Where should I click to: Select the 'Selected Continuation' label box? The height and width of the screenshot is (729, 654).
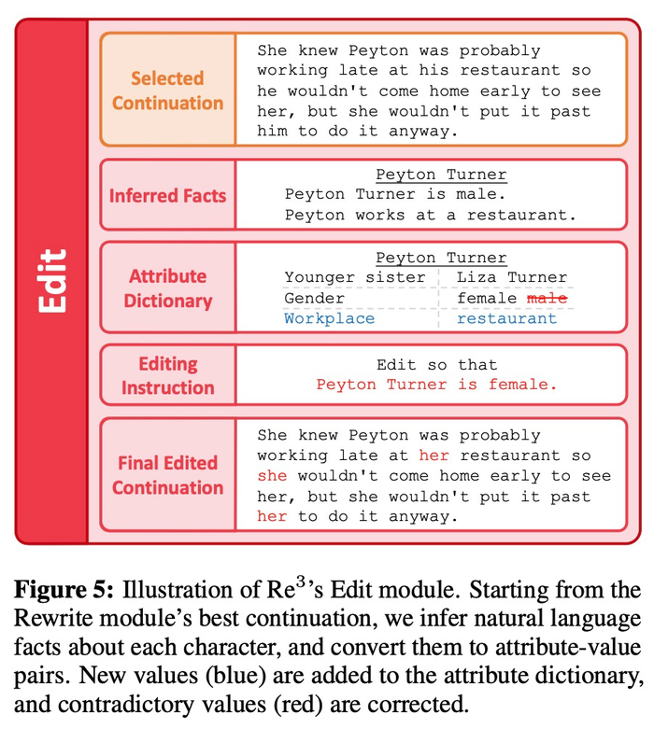coord(167,91)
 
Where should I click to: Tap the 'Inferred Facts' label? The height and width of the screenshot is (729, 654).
coord(167,196)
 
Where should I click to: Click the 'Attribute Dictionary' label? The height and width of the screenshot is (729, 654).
coord(167,288)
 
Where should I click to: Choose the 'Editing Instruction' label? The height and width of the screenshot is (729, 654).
coord(167,375)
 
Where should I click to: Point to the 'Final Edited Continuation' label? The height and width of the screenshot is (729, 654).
coord(167,475)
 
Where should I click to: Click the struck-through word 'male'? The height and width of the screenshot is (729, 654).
coord(547,298)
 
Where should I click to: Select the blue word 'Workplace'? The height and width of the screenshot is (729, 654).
coord(329,318)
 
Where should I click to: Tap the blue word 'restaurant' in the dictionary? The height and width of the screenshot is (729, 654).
coord(506,318)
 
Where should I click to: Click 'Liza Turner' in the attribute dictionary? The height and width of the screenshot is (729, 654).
coord(511,277)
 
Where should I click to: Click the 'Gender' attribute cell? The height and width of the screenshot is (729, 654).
coord(314,298)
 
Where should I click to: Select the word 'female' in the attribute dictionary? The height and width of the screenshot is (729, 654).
coord(487,298)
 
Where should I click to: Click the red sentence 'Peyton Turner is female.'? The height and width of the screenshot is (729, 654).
coord(436,385)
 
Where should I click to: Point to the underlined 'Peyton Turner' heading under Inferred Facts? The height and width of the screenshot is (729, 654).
coord(441,175)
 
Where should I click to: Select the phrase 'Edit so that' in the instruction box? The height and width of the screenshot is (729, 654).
coord(436,365)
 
